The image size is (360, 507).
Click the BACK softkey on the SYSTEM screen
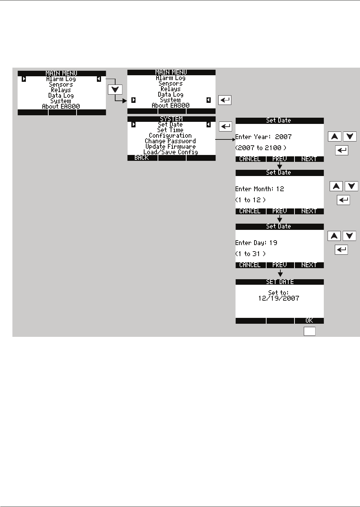142,158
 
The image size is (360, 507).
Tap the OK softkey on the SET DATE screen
309,321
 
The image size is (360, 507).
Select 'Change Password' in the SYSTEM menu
170,141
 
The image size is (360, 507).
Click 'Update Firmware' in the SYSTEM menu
170,147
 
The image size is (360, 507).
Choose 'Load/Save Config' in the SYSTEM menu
171,152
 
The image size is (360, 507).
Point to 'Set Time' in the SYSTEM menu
170,130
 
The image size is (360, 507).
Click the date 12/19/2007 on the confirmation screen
279,299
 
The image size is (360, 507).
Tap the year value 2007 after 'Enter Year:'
283,137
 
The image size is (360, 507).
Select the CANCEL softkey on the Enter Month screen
250,211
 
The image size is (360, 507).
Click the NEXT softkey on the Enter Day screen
309,265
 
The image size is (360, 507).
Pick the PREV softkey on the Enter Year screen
280,159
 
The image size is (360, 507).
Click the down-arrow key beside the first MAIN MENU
115,90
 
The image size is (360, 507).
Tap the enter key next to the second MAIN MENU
225,100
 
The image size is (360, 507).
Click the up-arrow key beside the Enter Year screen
334,137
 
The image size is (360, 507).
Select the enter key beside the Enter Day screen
341,250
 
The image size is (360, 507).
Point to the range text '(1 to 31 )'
251,254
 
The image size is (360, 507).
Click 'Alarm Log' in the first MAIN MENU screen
61,79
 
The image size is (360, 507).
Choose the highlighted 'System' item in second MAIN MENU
170,100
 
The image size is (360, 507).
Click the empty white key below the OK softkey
309,331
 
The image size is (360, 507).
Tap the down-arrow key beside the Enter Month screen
351,186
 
